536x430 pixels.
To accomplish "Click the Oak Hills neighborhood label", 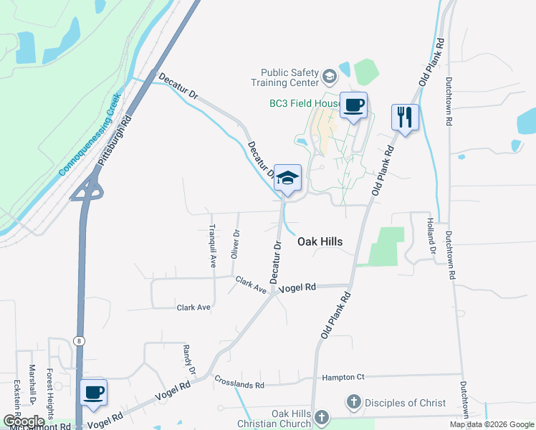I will (320, 242).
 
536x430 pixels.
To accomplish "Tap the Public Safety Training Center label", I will (289, 77).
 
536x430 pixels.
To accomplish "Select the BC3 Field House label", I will (305, 103).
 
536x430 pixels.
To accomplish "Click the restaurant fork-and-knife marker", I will (404, 116).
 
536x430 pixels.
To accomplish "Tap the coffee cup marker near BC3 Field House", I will (353, 106).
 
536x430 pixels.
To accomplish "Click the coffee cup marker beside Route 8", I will (93, 393).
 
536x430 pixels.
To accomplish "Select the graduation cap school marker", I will (287, 179).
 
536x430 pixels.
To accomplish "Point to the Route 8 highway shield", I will (77, 342).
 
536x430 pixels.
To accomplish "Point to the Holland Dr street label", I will (432, 236).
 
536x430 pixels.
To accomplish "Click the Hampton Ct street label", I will (343, 377).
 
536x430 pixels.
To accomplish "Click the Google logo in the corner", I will (24, 421).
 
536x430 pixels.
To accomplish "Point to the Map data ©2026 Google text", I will (492, 424).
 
